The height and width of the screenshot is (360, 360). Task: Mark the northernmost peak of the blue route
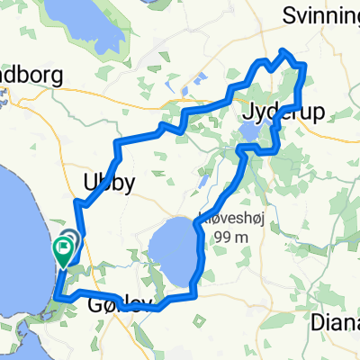(x=284, y=51)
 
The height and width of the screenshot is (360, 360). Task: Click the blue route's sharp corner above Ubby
(x=117, y=144)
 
